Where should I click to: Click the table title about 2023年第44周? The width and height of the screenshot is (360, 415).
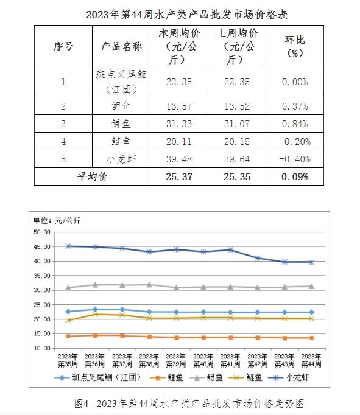tap(186, 15)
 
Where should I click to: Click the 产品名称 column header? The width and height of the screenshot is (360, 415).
tap(121, 46)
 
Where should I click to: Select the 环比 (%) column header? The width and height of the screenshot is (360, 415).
tap(295, 46)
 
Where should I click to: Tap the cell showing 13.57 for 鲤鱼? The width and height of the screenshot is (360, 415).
tap(179, 106)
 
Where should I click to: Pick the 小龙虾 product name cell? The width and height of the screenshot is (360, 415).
tap(121, 159)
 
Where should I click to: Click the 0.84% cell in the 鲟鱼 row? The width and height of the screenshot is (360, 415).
tap(295, 124)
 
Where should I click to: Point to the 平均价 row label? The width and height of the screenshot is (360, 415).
tap(93, 176)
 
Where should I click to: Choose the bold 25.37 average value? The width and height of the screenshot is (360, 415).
tap(179, 177)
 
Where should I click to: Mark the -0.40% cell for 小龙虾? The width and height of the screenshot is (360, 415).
tap(295, 159)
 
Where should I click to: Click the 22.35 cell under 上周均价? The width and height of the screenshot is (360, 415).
tap(237, 82)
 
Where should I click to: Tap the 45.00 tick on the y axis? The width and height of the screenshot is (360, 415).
tap(42, 246)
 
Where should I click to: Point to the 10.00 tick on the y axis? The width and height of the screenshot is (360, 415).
tap(42, 348)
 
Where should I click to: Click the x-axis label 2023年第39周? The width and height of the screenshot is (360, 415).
tap(176, 360)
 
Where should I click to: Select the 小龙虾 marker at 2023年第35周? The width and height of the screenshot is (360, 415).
tap(68, 246)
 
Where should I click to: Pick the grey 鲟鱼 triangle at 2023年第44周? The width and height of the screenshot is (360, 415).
tap(312, 286)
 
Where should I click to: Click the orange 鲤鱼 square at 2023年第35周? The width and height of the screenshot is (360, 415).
tap(68, 336)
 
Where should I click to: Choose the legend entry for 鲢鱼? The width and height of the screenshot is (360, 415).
tap(245, 378)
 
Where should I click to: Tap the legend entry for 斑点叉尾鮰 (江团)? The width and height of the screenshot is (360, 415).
tap(97, 378)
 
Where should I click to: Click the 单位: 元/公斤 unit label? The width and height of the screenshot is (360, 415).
tap(57, 220)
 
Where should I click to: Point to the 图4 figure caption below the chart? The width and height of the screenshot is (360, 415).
tap(189, 403)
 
